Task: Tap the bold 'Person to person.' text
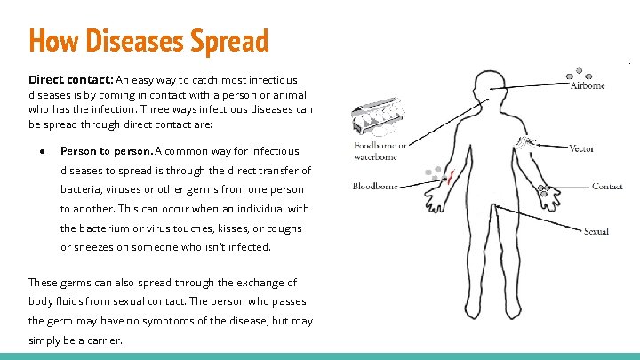[106, 151]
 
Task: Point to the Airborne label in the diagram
[587, 86]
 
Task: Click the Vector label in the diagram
[581, 148]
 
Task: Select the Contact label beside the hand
[607, 187]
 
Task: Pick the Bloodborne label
[374, 186]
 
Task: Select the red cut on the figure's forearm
[448, 177]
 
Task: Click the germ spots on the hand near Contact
[542, 189]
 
